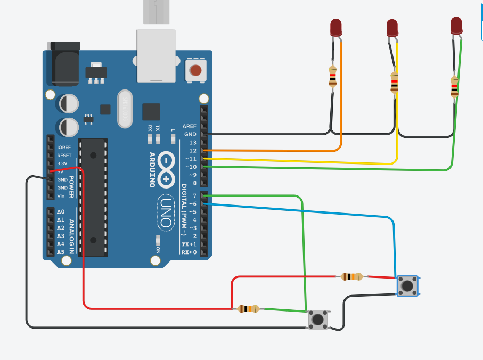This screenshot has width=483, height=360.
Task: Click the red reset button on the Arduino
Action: coord(196,70)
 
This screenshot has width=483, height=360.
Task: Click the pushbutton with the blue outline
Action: coord(407,286)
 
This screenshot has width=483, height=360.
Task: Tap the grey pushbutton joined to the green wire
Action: coord(318,319)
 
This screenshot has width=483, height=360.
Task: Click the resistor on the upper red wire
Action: coord(351,276)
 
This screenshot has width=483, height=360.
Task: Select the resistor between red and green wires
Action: coord(248,308)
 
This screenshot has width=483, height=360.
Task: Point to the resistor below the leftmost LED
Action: coord(333,76)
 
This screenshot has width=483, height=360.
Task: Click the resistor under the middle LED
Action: coord(395,83)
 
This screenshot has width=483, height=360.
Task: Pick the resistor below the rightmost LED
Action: coord(454,86)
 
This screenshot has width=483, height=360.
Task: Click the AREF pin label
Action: coord(190,126)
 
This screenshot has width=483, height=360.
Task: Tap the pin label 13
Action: coord(193,143)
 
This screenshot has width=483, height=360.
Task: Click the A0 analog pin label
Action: coord(61,212)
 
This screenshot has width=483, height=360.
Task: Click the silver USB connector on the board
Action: coord(156,55)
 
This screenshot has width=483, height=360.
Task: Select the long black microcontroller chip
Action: coord(93,197)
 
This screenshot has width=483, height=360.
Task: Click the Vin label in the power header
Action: coord(62,196)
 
